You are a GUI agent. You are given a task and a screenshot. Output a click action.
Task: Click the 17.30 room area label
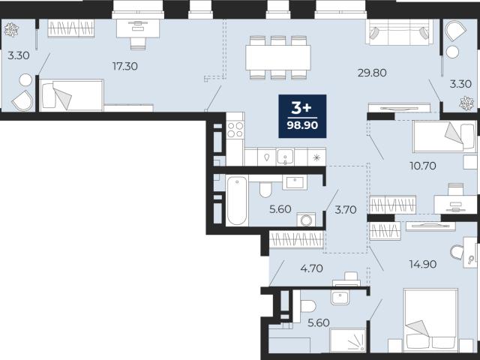(125, 66)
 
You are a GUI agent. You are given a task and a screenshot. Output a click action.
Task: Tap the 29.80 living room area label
(372, 73)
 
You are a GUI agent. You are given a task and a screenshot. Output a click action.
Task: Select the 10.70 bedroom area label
(423, 166)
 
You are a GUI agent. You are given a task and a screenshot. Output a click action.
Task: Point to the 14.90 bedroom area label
(423, 264)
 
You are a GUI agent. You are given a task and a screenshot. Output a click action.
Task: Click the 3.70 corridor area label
(346, 210)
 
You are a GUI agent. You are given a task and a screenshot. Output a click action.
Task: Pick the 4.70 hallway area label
(312, 268)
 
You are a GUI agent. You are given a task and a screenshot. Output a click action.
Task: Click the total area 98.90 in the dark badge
(302, 125)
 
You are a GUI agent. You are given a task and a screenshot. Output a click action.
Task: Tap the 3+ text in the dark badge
(301, 108)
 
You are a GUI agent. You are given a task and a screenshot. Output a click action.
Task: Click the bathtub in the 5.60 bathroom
(237, 200)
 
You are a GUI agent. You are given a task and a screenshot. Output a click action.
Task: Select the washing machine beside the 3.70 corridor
(306, 220)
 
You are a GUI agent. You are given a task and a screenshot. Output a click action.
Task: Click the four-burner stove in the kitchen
(235, 130)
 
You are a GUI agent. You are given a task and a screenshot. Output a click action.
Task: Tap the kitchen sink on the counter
(285, 157)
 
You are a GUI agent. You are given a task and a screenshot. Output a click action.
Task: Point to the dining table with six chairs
(278, 58)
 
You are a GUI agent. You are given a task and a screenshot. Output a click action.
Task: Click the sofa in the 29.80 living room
(399, 31)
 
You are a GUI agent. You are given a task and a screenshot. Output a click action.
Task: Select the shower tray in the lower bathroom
(348, 340)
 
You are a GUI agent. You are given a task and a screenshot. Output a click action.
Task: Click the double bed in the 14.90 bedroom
(430, 320)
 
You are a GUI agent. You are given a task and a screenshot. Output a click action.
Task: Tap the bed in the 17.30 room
(71, 95)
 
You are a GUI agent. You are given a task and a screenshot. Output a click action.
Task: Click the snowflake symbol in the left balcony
(11, 30)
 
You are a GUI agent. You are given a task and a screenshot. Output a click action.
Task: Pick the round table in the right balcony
(452, 52)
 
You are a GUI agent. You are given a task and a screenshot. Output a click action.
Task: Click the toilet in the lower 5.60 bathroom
(307, 306)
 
